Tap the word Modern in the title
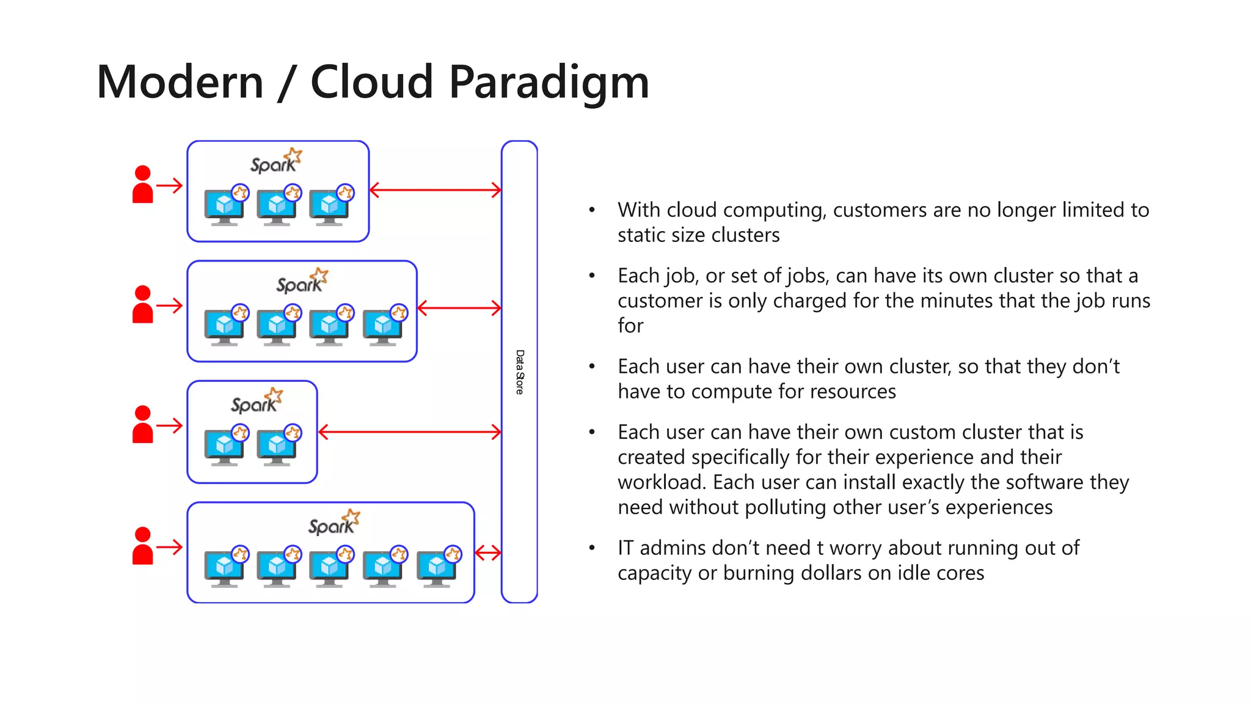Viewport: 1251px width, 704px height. tap(180, 82)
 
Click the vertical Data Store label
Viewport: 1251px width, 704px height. tap(519, 372)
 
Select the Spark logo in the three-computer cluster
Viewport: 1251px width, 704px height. tap(276, 161)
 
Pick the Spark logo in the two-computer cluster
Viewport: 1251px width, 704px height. tap(257, 402)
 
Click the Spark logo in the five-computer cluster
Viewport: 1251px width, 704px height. tap(334, 523)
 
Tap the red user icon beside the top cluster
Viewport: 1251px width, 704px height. tap(142, 185)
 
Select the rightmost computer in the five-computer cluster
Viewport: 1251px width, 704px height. tap(437, 568)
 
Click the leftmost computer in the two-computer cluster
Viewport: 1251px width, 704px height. tap(224, 447)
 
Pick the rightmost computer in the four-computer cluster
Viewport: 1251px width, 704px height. tap(383, 327)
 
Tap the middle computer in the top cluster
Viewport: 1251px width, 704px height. tap(277, 207)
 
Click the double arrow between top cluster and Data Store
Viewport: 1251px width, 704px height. tap(435, 190)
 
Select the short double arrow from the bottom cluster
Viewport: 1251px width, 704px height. tap(487, 553)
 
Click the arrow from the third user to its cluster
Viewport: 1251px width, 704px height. tap(170, 425)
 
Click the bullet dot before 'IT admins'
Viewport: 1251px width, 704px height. tap(591, 548)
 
